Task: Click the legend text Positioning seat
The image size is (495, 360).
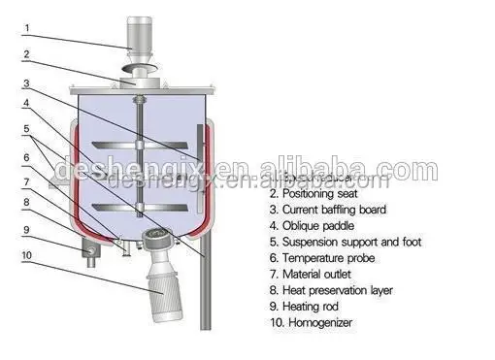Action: pyautogui.click(x=322, y=193)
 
